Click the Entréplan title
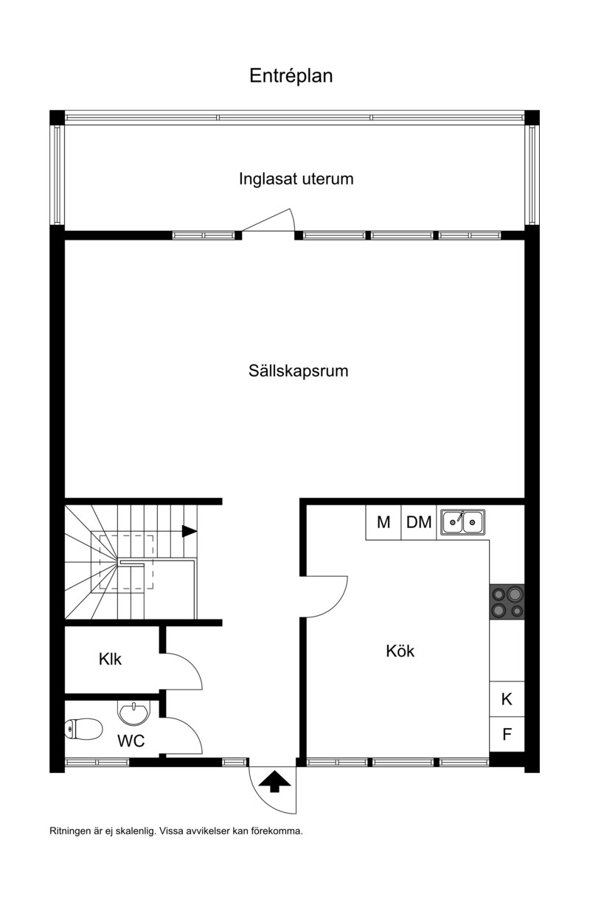coord(291,76)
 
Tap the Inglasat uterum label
coord(296,178)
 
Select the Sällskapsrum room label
coord(298,370)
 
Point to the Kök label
coord(400,651)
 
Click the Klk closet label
coord(110,659)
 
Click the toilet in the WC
coord(83,729)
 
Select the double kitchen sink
coord(462,522)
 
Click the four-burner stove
coord(507,602)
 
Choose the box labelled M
coord(383,522)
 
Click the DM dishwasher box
coord(419,522)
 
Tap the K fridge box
coord(507,698)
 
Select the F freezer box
coord(507,734)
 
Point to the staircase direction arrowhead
coord(189,531)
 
